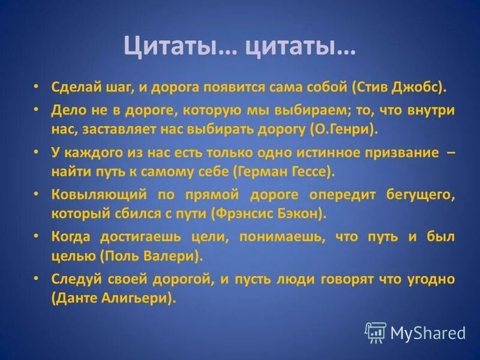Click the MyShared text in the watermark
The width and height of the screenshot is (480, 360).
point(427,333)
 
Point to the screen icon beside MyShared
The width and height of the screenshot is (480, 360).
point(375,332)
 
